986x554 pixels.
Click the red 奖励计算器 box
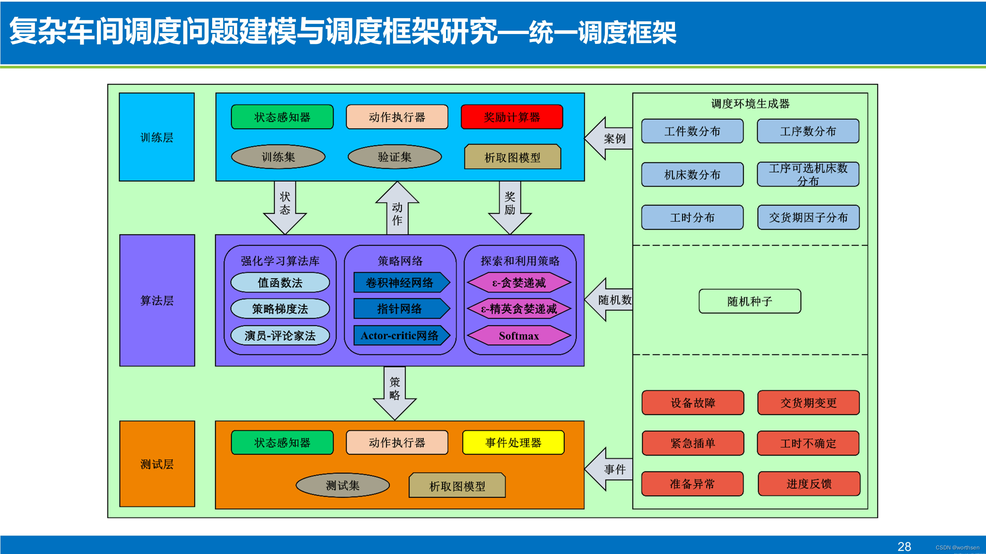pos(512,117)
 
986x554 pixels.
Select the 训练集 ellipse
pos(278,157)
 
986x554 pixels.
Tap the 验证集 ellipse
pos(394,157)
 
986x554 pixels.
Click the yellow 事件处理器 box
pos(513,442)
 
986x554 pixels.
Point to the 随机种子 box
pos(750,301)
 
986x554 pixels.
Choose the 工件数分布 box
pos(692,131)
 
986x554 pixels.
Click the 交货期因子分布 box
pos(808,217)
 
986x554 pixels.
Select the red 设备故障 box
pos(693,403)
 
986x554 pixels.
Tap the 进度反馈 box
pos(809,484)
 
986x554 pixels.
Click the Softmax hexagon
pos(519,336)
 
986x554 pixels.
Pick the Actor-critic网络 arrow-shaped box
pos(400,336)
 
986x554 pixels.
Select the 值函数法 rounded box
pos(280,282)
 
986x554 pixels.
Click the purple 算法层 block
pos(157,300)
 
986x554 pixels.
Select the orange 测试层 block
pos(157,464)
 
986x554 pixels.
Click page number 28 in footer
pos(904,547)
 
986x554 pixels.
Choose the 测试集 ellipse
pos(342,485)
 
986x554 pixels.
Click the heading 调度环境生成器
pos(750,103)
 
